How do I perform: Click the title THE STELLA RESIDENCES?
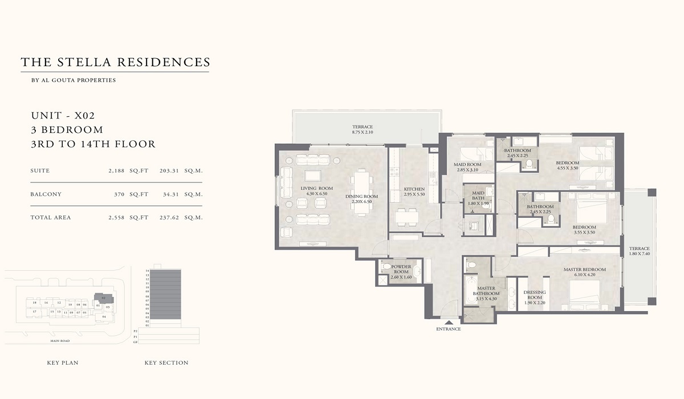pyautogui.click(x=115, y=62)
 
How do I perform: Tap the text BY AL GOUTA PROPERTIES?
pyautogui.click(x=74, y=80)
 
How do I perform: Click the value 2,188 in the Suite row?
pyautogui.click(x=116, y=170)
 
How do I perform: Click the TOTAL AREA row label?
pyautogui.click(x=51, y=217)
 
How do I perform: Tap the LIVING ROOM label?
pyautogui.click(x=317, y=188)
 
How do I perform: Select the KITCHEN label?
pyautogui.click(x=414, y=189)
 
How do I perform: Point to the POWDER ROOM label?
pyautogui.click(x=401, y=267)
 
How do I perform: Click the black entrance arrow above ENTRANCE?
pyautogui.click(x=448, y=323)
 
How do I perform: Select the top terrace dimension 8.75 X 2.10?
pyautogui.click(x=362, y=132)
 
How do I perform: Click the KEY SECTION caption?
pyautogui.click(x=166, y=363)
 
